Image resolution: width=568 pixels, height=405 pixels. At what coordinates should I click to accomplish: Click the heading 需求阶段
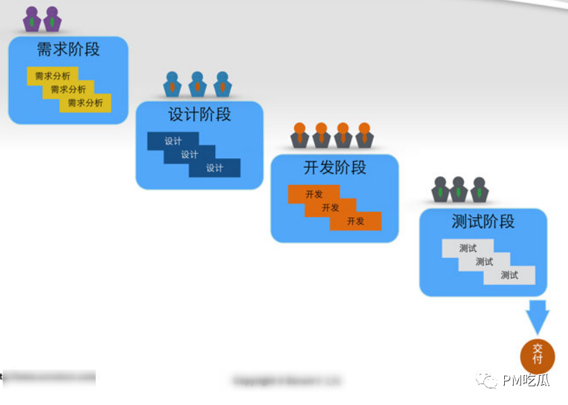pyautogui.click(x=68, y=49)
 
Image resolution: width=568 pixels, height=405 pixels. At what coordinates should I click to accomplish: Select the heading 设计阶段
pyautogui.click(x=200, y=114)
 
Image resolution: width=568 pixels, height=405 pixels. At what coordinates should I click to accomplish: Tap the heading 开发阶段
pyautogui.click(x=335, y=168)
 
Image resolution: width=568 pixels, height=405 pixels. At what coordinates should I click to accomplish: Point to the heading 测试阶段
pyautogui.click(x=483, y=222)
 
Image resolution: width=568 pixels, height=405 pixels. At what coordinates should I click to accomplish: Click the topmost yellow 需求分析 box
pyautogui.click(x=52, y=76)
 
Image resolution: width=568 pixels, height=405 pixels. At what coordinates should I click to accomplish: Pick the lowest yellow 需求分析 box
pyautogui.click(x=85, y=103)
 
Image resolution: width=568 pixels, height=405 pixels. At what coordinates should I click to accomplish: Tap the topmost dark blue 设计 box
pyautogui.click(x=173, y=141)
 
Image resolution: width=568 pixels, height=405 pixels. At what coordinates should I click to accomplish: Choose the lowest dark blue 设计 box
pyautogui.click(x=215, y=168)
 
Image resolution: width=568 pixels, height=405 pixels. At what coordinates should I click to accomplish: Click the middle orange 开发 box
pyautogui.click(x=331, y=207)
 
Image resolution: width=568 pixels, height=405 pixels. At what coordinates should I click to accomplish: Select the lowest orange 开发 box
pyautogui.click(x=356, y=221)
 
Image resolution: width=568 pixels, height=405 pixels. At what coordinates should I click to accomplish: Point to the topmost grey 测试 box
pyautogui.click(x=467, y=248)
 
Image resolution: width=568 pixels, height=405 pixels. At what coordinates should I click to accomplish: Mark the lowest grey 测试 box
pyautogui.click(x=510, y=275)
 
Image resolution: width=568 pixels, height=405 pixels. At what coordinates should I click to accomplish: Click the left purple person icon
pyautogui.click(x=32, y=19)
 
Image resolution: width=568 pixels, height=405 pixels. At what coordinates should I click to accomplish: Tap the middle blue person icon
pyautogui.click(x=198, y=84)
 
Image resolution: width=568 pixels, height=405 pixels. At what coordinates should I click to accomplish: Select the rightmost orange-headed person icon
pyautogui.click(x=364, y=135)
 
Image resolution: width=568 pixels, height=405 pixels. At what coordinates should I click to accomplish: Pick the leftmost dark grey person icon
pyautogui.click(x=440, y=189)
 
